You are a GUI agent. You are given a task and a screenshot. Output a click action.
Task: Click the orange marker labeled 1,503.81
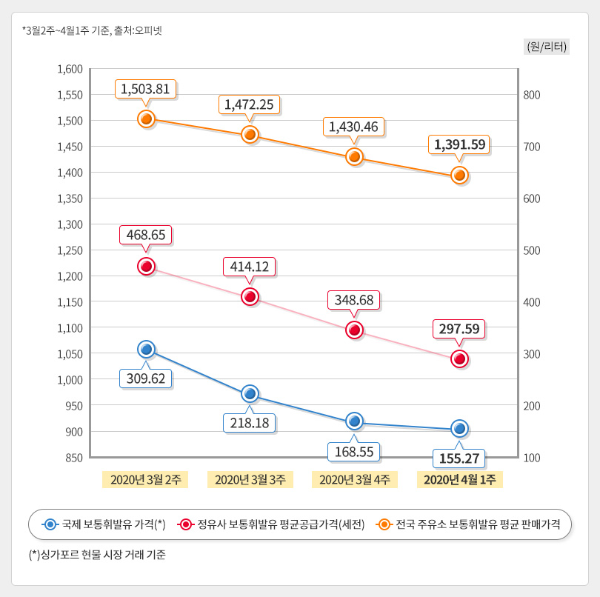(x=146, y=119)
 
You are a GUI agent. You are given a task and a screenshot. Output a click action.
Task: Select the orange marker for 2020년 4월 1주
(x=459, y=175)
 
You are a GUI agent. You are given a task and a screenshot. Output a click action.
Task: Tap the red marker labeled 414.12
(x=250, y=297)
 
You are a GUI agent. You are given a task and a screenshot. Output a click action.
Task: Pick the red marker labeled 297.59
(x=459, y=359)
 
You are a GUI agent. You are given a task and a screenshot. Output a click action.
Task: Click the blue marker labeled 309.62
(x=146, y=349)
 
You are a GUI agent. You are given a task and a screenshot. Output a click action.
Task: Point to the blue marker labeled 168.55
(x=354, y=421)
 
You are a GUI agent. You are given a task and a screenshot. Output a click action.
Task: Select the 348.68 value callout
(x=354, y=300)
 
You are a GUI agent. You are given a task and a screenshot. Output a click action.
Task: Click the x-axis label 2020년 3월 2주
(x=145, y=479)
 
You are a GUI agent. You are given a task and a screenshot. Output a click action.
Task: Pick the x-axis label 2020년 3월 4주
(x=354, y=479)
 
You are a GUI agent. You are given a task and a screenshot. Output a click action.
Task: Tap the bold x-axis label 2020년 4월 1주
(x=460, y=479)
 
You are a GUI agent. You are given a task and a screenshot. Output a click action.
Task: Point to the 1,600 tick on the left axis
(x=70, y=69)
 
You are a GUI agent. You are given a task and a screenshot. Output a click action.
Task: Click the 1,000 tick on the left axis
(x=70, y=380)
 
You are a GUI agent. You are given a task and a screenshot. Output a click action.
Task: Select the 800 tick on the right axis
(x=533, y=95)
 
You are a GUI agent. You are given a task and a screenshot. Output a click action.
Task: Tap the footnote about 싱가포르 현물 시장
(x=96, y=554)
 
